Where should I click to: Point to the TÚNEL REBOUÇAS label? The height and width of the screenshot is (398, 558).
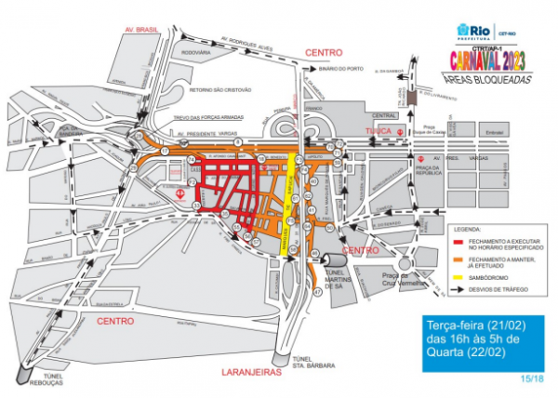point(42,381)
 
